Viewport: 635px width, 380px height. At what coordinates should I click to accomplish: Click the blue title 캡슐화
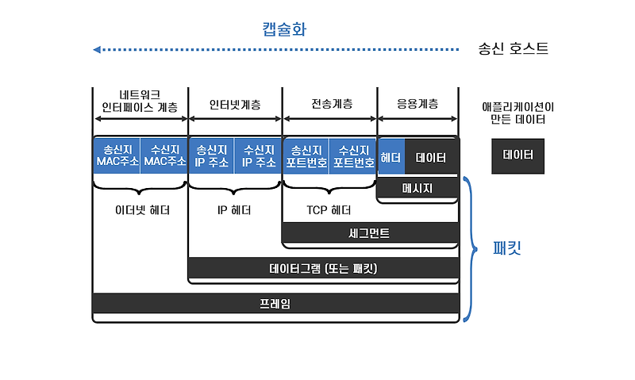[x=284, y=29]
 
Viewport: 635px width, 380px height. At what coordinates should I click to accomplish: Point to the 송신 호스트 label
[x=513, y=49]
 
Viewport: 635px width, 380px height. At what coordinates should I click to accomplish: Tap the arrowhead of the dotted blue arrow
[x=97, y=50]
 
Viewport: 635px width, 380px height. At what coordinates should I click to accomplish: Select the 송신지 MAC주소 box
[x=117, y=156]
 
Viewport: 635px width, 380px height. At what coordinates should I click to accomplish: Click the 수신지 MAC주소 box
[x=164, y=156]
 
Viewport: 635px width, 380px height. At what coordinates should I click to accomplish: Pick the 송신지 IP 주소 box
[x=211, y=156]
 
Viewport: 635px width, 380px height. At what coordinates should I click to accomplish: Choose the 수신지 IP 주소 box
[x=258, y=156]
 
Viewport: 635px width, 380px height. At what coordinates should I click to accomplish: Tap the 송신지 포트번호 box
[x=306, y=156]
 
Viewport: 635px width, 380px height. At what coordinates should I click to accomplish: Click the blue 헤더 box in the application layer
[x=391, y=156]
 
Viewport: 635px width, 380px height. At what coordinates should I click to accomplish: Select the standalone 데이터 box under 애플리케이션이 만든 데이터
[x=518, y=156]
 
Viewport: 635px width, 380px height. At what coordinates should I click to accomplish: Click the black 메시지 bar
[x=417, y=188]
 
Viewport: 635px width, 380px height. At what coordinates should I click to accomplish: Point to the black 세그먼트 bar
[x=370, y=233]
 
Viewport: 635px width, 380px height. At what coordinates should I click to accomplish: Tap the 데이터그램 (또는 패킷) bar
[x=323, y=268]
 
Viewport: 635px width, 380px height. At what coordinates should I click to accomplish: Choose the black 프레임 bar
[x=275, y=303]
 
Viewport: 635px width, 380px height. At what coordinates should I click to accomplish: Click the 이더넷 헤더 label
[x=141, y=210]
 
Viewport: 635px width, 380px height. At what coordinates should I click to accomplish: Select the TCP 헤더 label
[x=329, y=210]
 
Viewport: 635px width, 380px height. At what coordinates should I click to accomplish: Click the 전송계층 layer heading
[x=330, y=104]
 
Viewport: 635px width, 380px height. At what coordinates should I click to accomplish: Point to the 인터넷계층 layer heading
[x=235, y=104]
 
